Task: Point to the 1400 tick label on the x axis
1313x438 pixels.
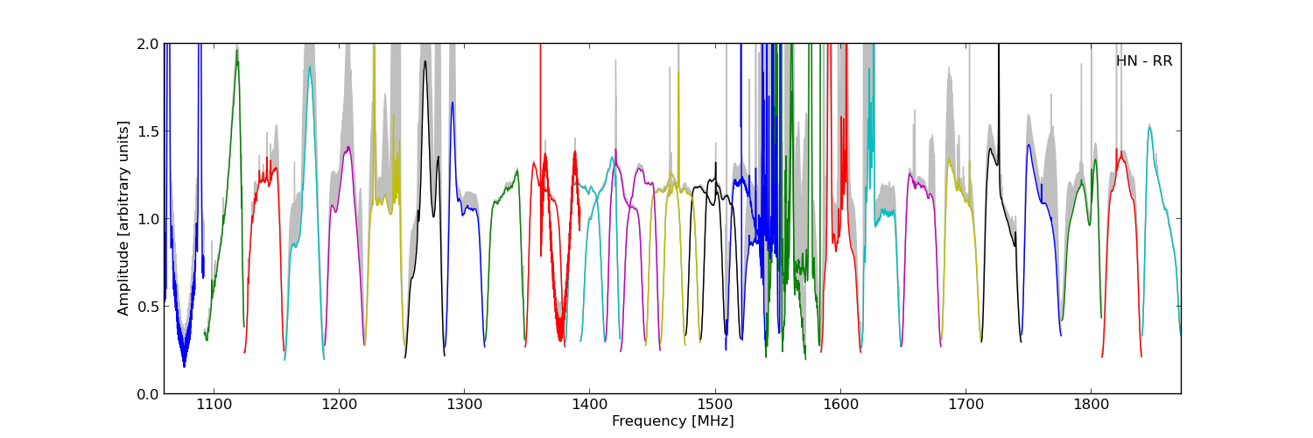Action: pos(589,405)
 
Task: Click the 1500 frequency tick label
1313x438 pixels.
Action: pos(715,405)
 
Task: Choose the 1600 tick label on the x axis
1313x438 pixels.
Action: pos(840,405)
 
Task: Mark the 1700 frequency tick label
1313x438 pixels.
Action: pos(965,405)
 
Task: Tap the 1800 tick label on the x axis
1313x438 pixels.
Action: pos(1091,405)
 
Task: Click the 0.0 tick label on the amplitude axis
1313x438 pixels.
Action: pos(148,394)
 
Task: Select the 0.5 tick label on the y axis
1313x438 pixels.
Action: pos(148,307)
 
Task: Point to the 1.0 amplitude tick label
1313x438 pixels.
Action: pos(148,219)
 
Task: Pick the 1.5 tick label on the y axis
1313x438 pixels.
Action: pos(148,131)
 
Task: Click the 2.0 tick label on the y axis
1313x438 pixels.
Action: pos(148,44)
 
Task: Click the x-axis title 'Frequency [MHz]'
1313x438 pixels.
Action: pos(672,421)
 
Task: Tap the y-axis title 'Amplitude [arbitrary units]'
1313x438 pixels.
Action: pos(124,218)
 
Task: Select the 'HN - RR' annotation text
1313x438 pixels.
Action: pos(1143,61)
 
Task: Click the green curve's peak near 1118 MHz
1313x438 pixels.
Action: pos(236,52)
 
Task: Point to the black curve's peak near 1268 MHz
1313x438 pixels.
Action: pos(425,60)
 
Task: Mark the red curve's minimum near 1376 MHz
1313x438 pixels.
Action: pos(560,339)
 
